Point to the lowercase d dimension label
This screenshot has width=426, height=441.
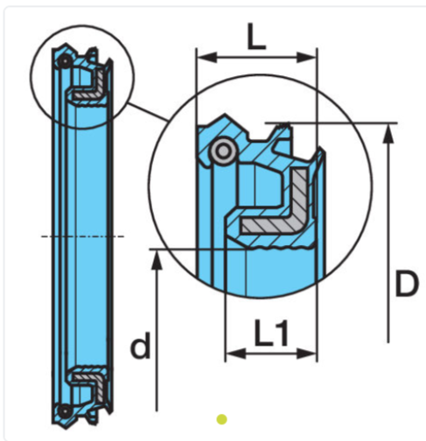(139, 347)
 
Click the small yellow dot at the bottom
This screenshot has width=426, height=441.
(222, 419)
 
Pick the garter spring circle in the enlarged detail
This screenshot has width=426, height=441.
(224, 152)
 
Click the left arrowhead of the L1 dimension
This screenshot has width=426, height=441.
(231, 354)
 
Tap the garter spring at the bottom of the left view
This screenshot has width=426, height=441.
(65, 409)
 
